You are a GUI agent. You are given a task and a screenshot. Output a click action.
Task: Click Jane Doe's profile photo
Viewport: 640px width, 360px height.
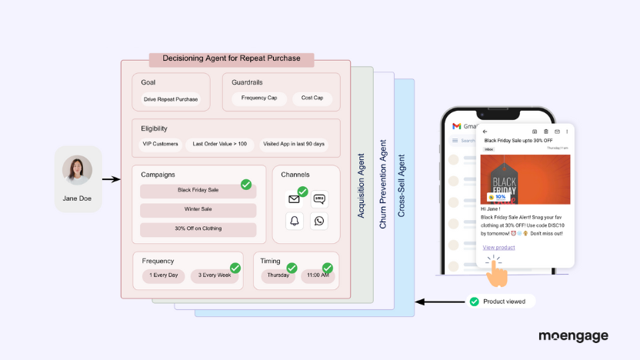[x=77, y=171]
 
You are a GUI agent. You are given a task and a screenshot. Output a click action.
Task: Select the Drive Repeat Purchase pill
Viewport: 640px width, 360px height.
[x=170, y=99]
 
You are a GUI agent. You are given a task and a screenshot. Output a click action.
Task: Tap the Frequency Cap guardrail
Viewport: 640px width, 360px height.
[x=259, y=98]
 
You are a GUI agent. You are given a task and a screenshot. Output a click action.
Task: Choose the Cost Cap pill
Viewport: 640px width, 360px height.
[x=312, y=98]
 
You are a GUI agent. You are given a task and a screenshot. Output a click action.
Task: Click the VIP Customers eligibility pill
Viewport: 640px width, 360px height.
[x=160, y=144]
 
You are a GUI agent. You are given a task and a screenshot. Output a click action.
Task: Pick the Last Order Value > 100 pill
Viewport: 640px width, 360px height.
[x=220, y=144]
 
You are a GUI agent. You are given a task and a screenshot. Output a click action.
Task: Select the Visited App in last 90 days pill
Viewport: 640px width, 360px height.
[x=294, y=144]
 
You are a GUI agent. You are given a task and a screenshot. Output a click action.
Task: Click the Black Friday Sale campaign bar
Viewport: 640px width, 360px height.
[x=198, y=190]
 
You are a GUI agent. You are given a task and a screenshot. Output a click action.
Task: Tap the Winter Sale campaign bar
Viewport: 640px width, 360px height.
[x=198, y=210]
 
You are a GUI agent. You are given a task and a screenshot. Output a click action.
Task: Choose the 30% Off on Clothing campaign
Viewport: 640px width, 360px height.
[x=198, y=229]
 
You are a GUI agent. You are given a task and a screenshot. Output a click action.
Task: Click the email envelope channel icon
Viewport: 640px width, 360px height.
[x=294, y=199]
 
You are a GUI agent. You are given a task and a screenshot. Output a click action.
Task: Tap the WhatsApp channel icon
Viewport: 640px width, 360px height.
[x=319, y=222]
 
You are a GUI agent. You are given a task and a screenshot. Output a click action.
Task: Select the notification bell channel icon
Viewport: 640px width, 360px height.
[x=294, y=222]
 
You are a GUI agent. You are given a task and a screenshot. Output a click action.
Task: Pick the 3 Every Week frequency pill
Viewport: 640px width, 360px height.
[x=215, y=275]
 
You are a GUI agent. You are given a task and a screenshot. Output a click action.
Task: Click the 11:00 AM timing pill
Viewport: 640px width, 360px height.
[x=317, y=275]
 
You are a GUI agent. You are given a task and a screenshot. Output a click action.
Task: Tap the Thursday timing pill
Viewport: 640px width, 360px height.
[x=278, y=275]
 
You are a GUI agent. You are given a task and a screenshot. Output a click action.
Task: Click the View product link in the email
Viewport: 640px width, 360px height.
[x=498, y=247]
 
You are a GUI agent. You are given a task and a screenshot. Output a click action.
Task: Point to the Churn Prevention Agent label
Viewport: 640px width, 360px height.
[x=383, y=184]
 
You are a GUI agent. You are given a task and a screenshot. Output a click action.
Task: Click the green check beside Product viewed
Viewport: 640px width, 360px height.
[x=474, y=302]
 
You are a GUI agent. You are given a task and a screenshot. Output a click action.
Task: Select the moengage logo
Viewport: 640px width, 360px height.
[x=573, y=337]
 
